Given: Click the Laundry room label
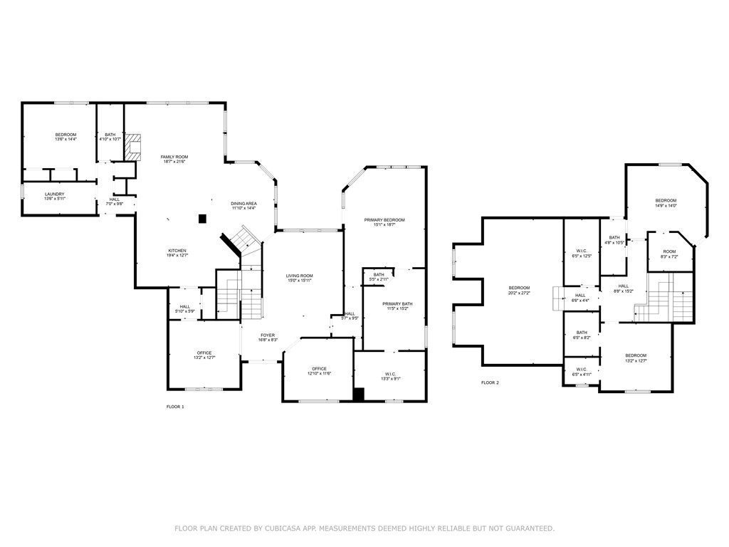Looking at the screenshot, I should click(55, 197).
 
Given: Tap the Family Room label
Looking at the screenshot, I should click(174, 159).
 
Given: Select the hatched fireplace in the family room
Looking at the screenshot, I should click(132, 146).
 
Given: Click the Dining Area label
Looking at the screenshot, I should click(243, 206).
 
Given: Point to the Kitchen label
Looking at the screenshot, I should click(177, 253).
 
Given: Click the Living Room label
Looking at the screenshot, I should click(300, 278).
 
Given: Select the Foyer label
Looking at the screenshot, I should click(267, 338).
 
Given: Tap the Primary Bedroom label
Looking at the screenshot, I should click(384, 222).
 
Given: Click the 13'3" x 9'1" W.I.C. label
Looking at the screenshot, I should click(390, 376).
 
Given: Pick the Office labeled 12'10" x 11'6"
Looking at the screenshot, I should click(319, 371).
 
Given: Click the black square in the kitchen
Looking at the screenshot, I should click(202, 219).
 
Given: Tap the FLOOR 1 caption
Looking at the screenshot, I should click(174, 407).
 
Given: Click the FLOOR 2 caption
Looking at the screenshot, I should click(490, 382).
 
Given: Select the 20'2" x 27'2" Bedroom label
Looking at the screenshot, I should click(518, 290).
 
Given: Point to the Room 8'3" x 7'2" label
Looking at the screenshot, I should click(669, 254).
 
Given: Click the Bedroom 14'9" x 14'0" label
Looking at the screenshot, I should click(666, 203).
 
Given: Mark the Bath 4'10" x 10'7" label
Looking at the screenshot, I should click(110, 137).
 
